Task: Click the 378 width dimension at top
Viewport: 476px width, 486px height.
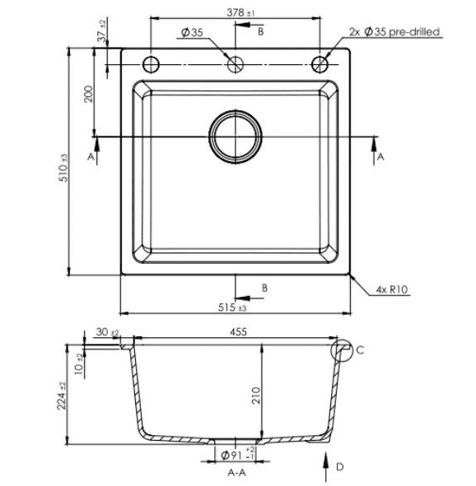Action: point(240,12)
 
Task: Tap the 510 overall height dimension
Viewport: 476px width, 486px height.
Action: point(63,169)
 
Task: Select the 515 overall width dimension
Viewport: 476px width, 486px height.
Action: point(232,308)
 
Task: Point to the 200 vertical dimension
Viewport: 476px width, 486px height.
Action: point(89,95)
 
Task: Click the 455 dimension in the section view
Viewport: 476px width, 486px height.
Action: point(238,332)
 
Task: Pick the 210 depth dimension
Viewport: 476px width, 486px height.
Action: point(256,396)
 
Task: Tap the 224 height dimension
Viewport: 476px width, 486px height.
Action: point(62,396)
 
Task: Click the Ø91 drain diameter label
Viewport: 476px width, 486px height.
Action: point(238,456)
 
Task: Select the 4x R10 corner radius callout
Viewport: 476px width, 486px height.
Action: point(392,289)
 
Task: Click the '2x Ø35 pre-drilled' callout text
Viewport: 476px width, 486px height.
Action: point(394,31)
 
